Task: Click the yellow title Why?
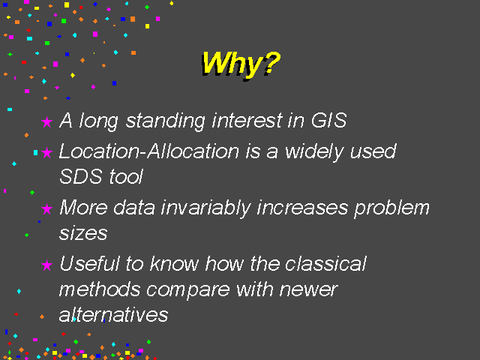pyautogui.click(x=241, y=64)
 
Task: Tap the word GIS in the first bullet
pyautogui.click(x=328, y=120)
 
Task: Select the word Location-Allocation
pyautogui.click(x=148, y=151)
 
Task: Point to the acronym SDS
pyautogui.click(x=81, y=176)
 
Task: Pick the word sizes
pyautogui.click(x=83, y=233)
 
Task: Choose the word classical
pyautogui.click(x=325, y=263)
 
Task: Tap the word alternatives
pyautogui.click(x=113, y=314)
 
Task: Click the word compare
pyautogui.click(x=188, y=290)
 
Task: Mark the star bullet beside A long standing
pyautogui.click(x=46, y=121)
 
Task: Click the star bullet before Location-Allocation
pyautogui.click(x=46, y=152)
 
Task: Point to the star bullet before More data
pyautogui.click(x=46, y=209)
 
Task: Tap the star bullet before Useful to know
pyautogui.click(x=46, y=265)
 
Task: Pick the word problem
pyautogui.click(x=391, y=208)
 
